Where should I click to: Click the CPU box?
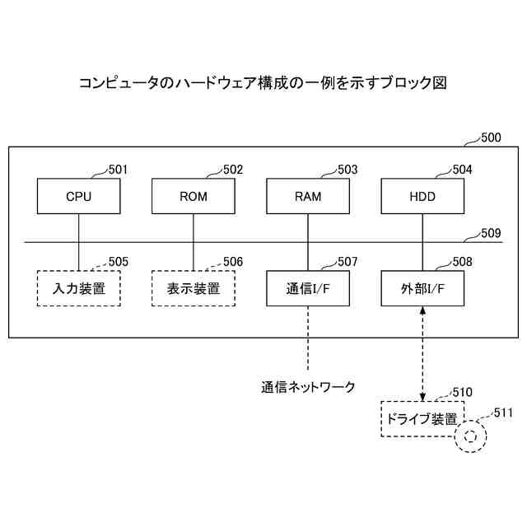click(x=79, y=198)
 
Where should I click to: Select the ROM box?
click(x=194, y=198)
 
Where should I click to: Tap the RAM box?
click(x=308, y=198)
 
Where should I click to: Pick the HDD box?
click(x=422, y=198)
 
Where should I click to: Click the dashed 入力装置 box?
click(x=79, y=289)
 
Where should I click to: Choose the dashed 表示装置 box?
click(x=194, y=289)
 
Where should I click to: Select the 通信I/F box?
click(x=308, y=289)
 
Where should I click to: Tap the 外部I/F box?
click(x=422, y=289)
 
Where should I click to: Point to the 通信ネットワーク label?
click(x=309, y=385)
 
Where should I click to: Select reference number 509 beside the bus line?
click(x=491, y=233)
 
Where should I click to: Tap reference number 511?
click(x=501, y=412)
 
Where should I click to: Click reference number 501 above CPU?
click(x=119, y=170)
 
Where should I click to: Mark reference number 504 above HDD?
click(x=462, y=170)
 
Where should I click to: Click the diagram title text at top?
click(x=263, y=82)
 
